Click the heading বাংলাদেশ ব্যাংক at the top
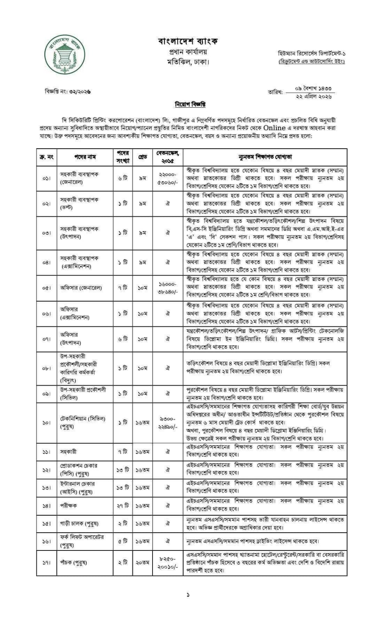point(188,41)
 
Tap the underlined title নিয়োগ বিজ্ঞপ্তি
point(189,105)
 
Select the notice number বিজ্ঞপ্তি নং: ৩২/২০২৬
point(68,92)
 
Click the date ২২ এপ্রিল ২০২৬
point(313,96)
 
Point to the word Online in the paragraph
point(275,128)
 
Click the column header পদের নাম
point(85,157)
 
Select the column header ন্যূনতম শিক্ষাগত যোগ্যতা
point(265,157)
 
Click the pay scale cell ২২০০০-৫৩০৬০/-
point(167,178)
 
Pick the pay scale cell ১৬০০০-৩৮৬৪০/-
point(167,288)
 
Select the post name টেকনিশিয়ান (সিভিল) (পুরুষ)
point(82,422)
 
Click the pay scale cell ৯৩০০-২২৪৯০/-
point(167,422)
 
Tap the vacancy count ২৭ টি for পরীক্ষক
point(123,506)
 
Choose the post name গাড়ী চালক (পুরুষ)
point(79,523)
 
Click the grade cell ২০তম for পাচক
point(143,562)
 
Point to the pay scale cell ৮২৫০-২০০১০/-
point(167,562)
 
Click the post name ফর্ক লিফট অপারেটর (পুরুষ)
point(82,541)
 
